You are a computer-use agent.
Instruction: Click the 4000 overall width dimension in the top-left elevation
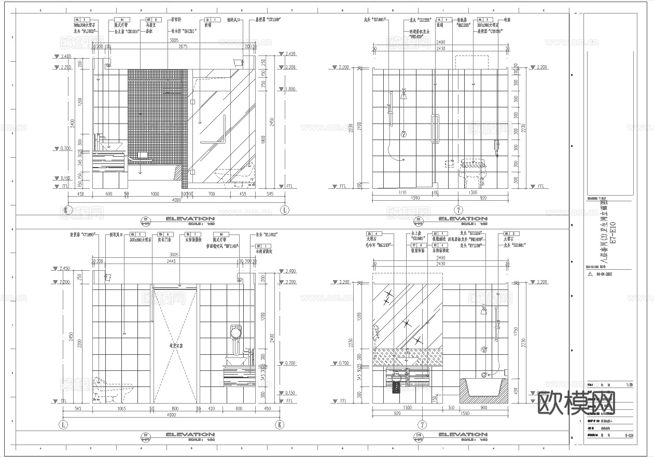click(176, 200)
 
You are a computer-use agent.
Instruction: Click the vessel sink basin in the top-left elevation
click(111, 145)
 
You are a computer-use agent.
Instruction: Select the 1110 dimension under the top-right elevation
click(402, 192)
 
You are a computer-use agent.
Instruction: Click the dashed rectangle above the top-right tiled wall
click(472, 61)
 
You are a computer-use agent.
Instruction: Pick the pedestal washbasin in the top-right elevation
click(472, 173)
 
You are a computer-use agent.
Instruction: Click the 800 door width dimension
click(175, 409)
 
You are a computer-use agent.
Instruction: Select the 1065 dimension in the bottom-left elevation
click(121, 409)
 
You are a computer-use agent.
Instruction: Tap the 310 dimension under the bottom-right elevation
click(450, 408)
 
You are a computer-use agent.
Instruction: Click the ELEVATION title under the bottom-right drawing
click(463, 435)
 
